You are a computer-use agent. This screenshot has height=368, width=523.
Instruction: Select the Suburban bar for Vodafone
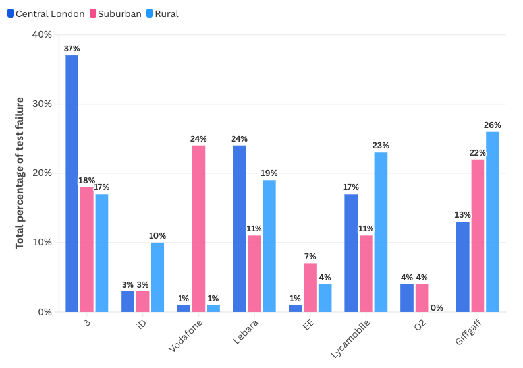[198, 228]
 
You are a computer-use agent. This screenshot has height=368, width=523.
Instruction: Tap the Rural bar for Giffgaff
[493, 222]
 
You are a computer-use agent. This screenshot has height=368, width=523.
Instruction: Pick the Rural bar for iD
[157, 277]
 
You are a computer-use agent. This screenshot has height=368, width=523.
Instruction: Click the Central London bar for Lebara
[239, 228]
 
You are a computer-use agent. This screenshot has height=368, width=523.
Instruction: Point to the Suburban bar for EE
[310, 288]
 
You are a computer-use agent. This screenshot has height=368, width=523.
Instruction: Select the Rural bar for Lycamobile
[381, 232]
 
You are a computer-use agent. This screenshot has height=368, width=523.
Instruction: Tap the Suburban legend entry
[120, 13]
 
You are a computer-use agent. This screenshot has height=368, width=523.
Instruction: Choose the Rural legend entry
[162, 13]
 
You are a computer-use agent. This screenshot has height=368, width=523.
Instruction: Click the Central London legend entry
[46, 13]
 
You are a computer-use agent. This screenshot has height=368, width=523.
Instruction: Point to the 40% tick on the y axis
[41, 34]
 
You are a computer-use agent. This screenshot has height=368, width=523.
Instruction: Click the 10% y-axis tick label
[41, 243]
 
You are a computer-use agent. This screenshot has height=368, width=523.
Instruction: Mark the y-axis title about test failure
[20, 173]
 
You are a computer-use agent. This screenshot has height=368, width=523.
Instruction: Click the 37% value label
[72, 48]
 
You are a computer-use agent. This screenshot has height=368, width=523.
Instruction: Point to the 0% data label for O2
[437, 307]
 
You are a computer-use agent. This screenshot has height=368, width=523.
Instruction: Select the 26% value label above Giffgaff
[493, 125]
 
